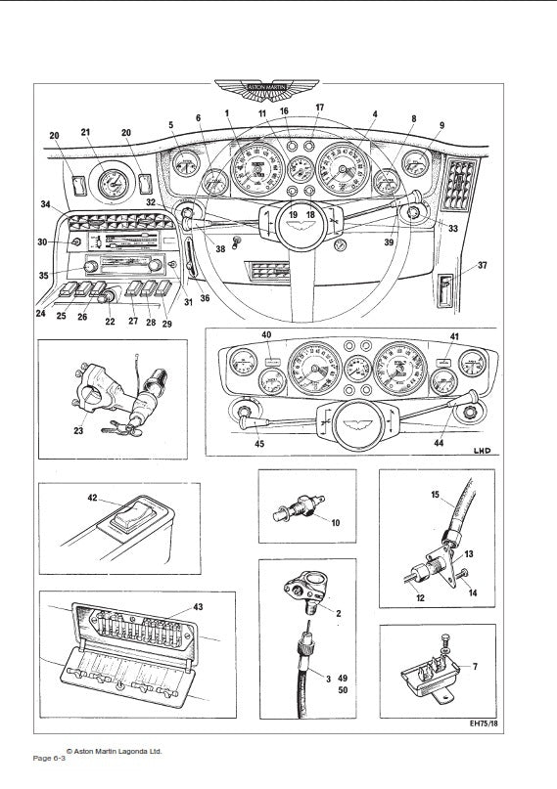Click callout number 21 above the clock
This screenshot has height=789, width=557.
pyautogui.click(x=86, y=132)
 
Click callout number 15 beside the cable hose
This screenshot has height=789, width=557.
pyautogui.click(x=436, y=495)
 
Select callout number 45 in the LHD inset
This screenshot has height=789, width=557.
pyautogui.click(x=258, y=443)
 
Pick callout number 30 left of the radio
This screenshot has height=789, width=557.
pyautogui.click(x=42, y=241)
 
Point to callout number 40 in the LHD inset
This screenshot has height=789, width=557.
pyautogui.click(x=265, y=337)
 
